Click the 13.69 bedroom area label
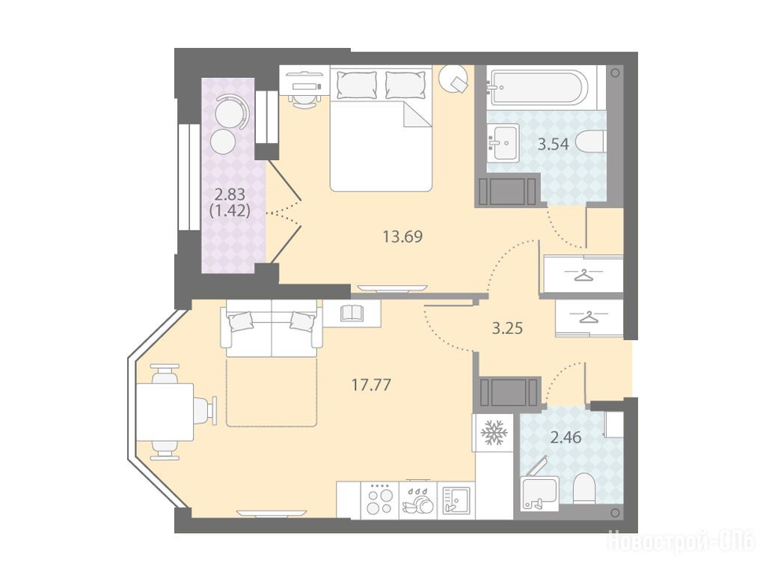402,237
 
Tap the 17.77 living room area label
371,386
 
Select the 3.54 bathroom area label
553,144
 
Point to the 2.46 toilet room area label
566,437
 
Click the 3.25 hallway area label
507,329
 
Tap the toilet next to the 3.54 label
591,142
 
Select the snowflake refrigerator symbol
494,432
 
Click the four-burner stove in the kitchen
379,500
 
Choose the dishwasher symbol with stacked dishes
417,500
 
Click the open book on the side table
352,313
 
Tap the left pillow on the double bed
357,85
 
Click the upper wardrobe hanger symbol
583,275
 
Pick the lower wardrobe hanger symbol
589,317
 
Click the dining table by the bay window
165,413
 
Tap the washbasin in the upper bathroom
503,143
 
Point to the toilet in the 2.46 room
583,488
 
